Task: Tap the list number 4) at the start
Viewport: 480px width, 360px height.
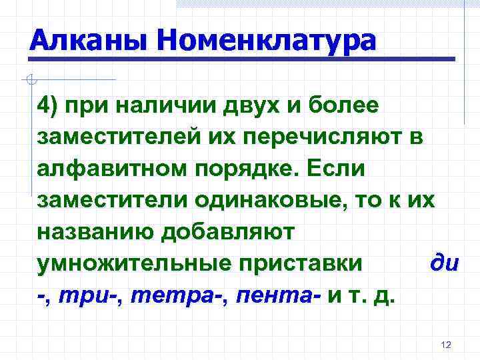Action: pos(50,105)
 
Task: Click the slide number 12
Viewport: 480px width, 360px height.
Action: pos(447,345)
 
